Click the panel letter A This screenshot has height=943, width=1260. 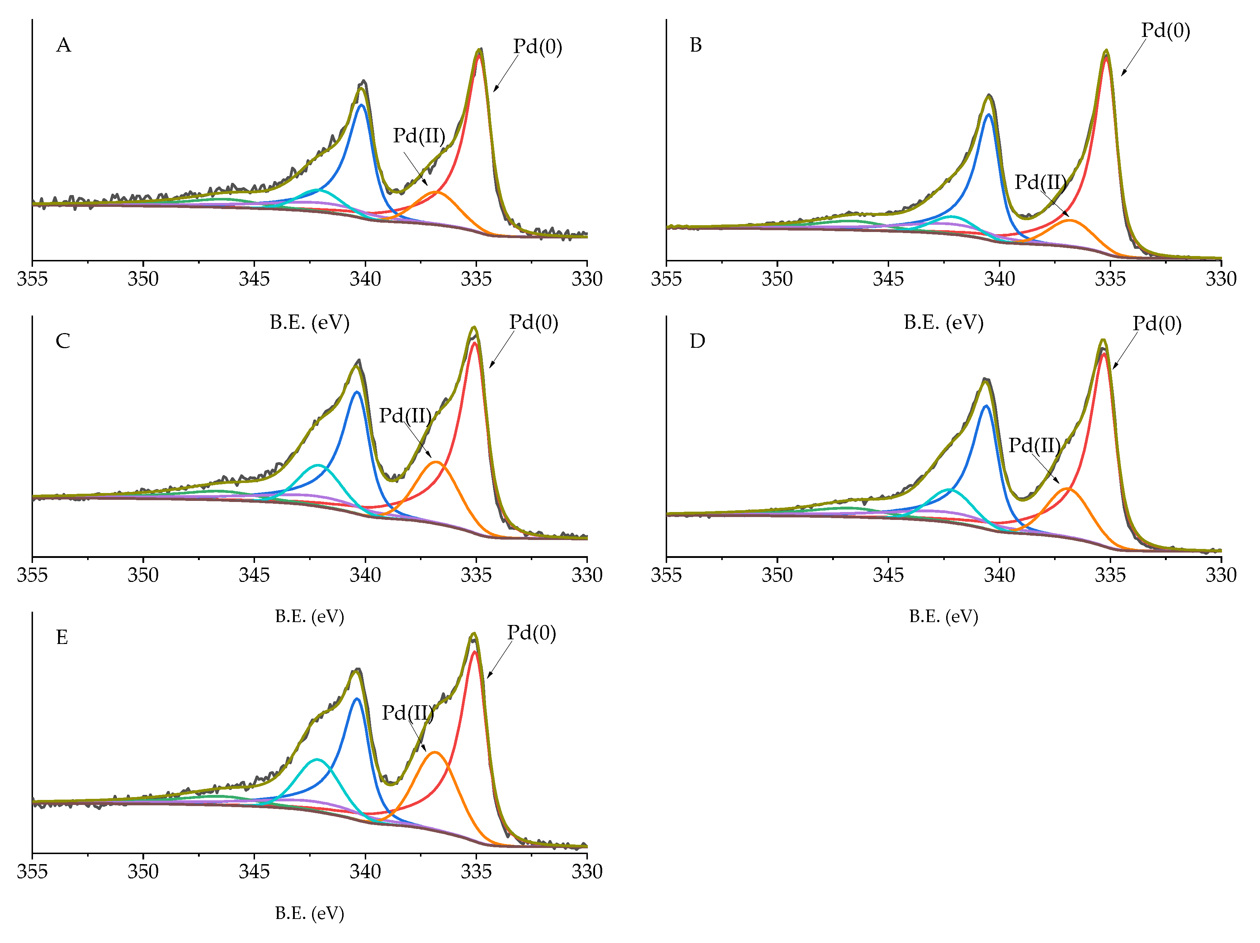(63, 45)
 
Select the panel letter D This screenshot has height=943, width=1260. (697, 341)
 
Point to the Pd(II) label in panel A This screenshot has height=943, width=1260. (419, 136)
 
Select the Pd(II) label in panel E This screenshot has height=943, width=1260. (407, 712)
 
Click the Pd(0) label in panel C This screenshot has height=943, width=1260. (533, 322)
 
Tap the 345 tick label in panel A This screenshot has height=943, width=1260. (254, 279)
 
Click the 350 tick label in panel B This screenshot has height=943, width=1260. (777, 279)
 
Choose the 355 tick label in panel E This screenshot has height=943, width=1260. (33, 871)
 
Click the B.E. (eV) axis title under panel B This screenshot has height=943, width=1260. (943, 322)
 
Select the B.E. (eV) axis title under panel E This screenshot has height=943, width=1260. (309, 913)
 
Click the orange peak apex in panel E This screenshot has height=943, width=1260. (435, 752)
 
